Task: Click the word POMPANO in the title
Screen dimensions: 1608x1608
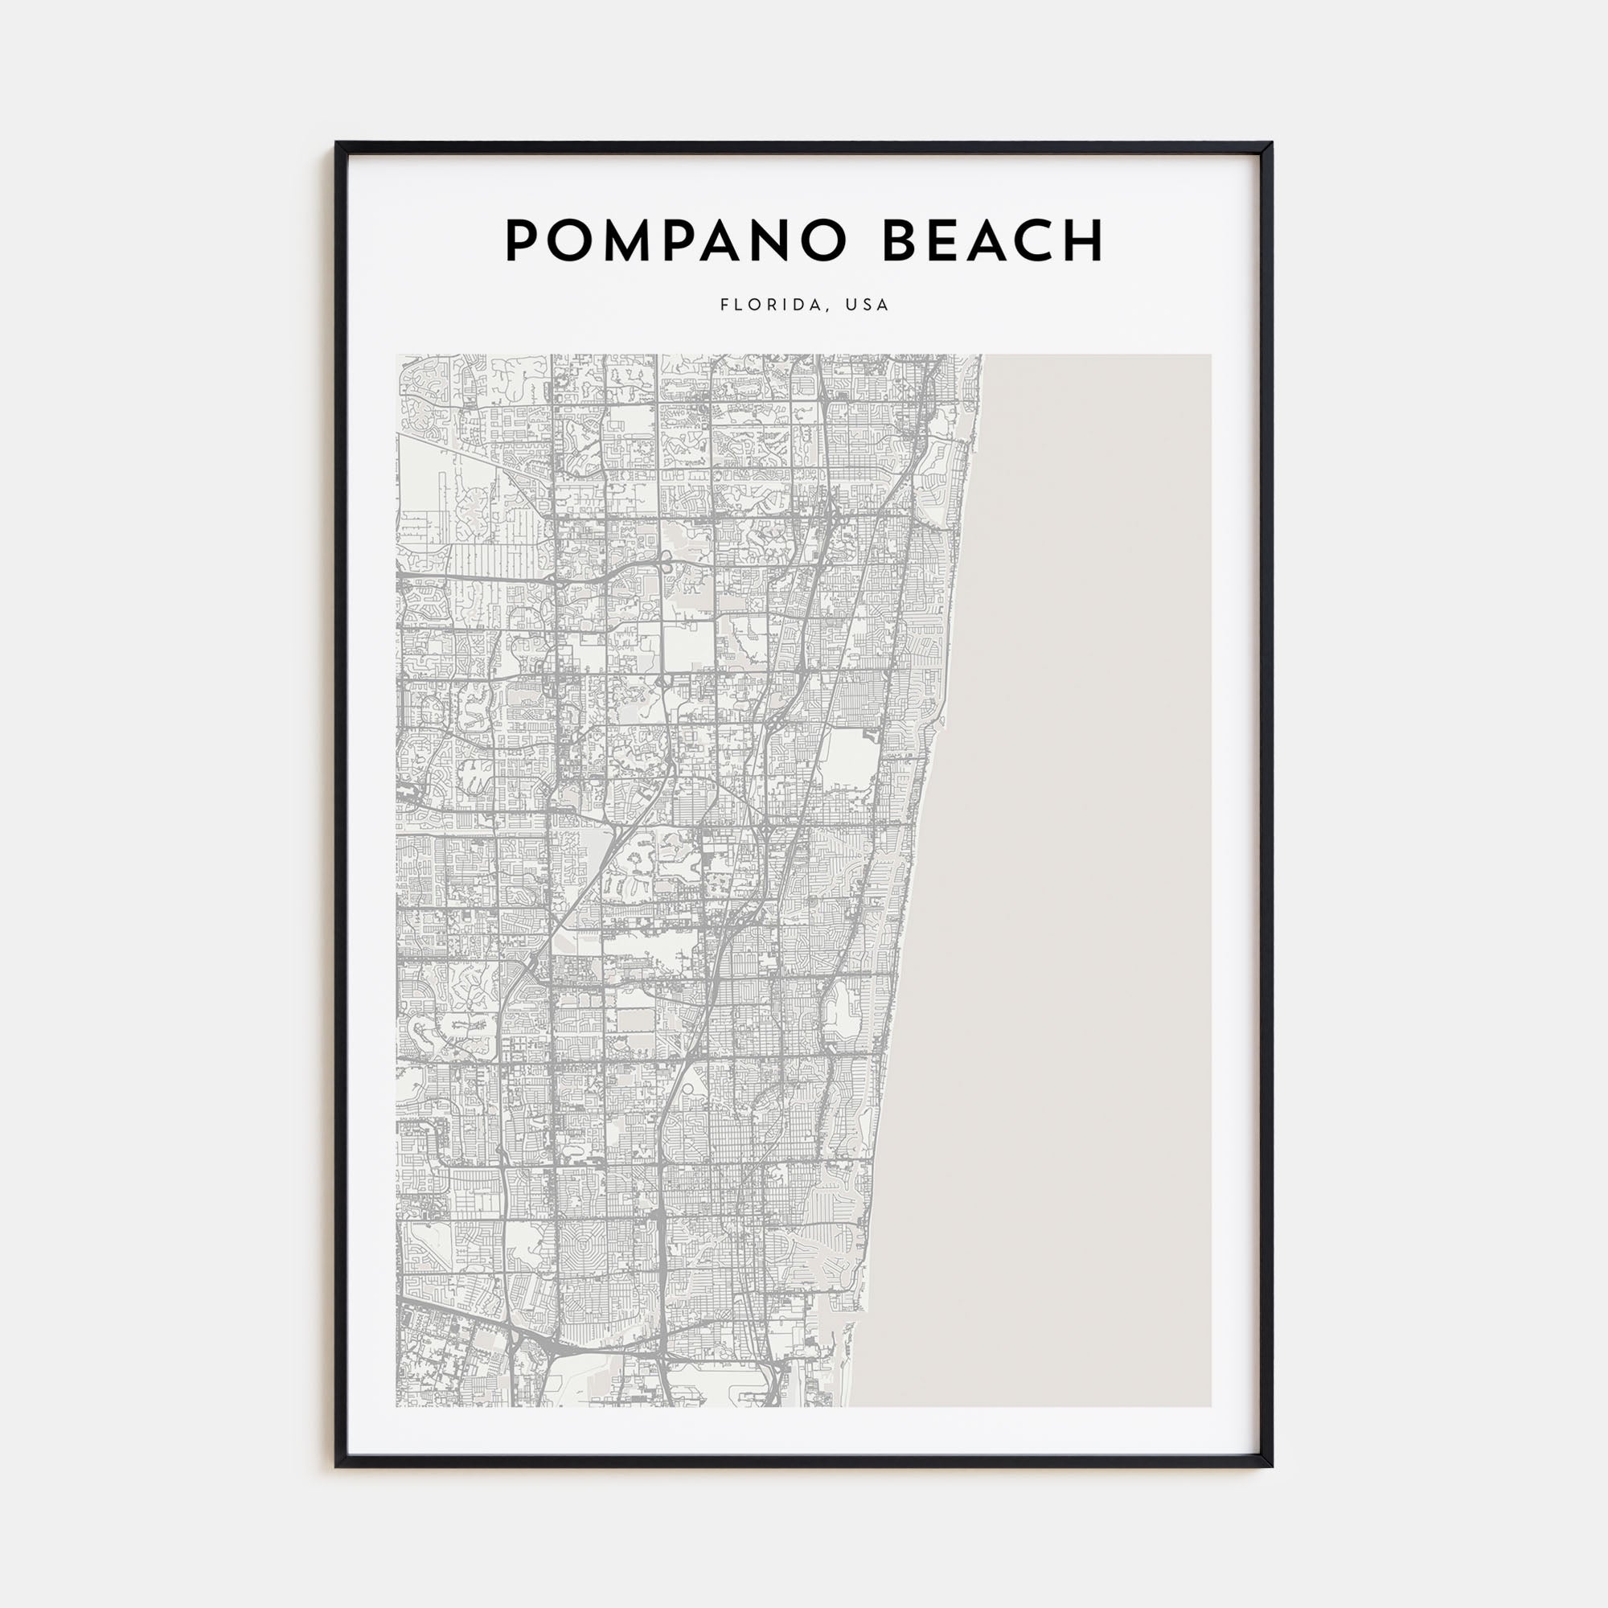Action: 675,242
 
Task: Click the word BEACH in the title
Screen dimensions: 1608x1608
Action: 992,242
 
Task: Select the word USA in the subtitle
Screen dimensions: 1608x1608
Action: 868,305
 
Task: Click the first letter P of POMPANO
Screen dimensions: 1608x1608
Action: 522,242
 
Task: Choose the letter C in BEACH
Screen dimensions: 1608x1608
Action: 1040,242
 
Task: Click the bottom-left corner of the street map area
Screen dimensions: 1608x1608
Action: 398,1405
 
